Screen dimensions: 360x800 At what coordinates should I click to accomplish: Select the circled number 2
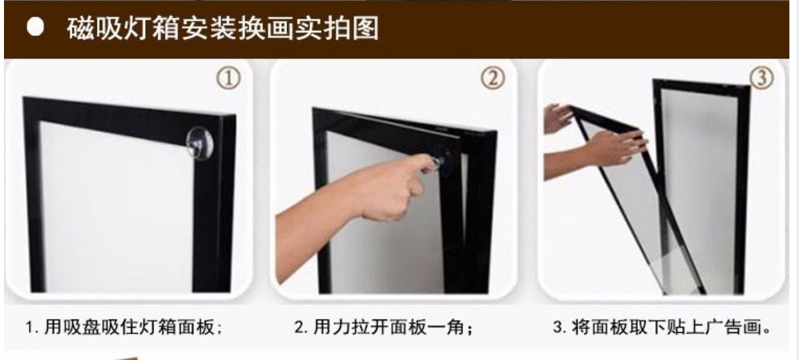pyautogui.click(x=492, y=79)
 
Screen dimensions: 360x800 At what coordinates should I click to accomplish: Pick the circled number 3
pyautogui.click(x=761, y=78)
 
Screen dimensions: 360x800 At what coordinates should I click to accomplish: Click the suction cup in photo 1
pyautogui.click(x=199, y=141)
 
